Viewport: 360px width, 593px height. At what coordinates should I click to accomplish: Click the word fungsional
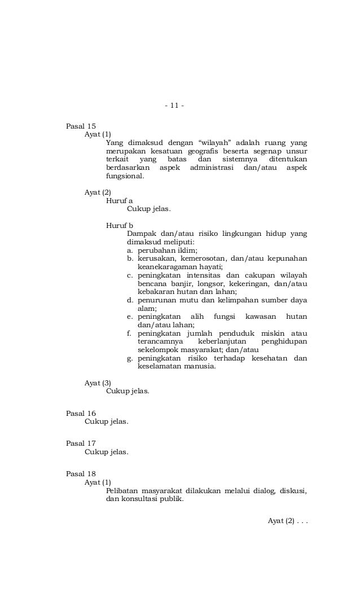(x=124, y=175)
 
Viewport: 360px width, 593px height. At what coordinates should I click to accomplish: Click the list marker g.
(x=130, y=358)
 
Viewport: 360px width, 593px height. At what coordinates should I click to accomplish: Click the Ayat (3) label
(x=98, y=383)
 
